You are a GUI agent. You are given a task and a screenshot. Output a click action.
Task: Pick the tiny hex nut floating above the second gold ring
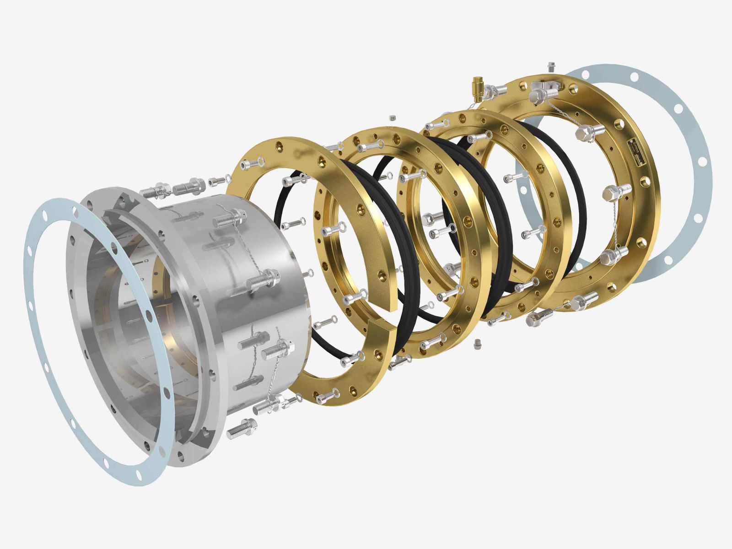392,118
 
